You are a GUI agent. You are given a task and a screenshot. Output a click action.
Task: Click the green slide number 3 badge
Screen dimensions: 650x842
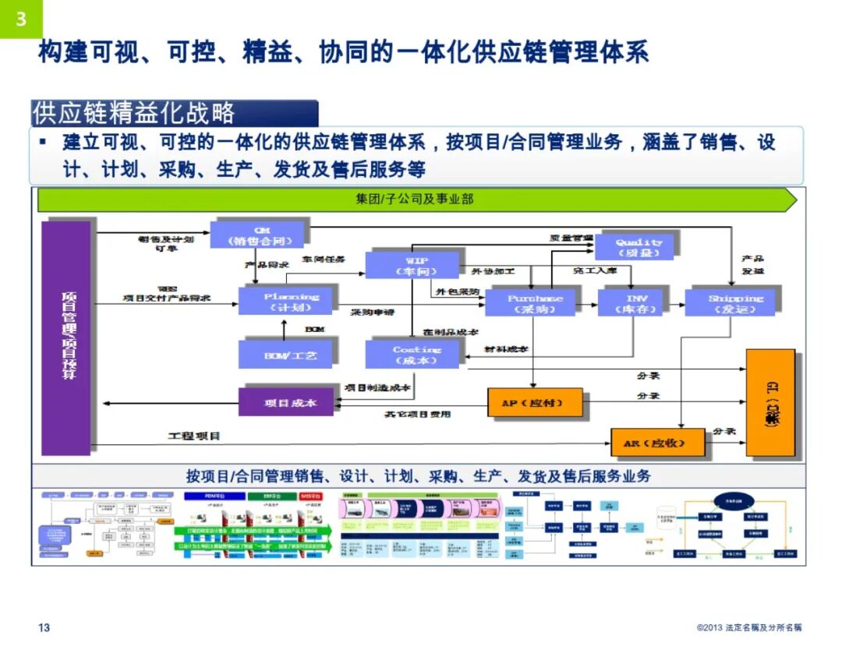click(x=21, y=19)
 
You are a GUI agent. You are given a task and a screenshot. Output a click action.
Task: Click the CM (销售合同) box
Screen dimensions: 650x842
click(x=256, y=235)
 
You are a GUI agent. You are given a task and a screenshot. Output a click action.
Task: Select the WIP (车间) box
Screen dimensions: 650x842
click(x=412, y=265)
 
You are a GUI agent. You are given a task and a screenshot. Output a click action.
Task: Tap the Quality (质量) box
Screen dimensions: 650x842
click(x=638, y=246)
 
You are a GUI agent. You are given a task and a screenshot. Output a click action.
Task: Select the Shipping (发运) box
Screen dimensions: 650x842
click(x=733, y=303)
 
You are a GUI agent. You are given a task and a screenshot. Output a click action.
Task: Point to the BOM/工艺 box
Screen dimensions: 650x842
click(x=286, y=355)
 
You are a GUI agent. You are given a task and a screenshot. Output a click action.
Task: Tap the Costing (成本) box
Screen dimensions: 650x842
click(x=413, y=355)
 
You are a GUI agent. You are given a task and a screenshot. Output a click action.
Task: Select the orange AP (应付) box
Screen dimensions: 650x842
click(x=535, y=403)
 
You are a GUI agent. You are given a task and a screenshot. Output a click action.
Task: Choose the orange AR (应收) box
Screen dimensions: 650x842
click(x=657, y=443)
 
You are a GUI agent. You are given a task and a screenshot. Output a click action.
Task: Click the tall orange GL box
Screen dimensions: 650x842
click(x=770, y=402)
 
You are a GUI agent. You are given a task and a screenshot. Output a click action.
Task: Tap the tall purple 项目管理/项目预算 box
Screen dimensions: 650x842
click(x=66, y=337)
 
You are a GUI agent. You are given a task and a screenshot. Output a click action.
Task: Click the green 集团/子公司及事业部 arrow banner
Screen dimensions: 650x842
click(x=416, y=200)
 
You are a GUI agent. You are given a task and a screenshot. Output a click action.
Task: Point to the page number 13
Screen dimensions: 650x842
click(x=44, y=628)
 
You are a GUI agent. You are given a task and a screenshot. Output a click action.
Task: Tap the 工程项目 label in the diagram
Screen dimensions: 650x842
click(x=195, y=436)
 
